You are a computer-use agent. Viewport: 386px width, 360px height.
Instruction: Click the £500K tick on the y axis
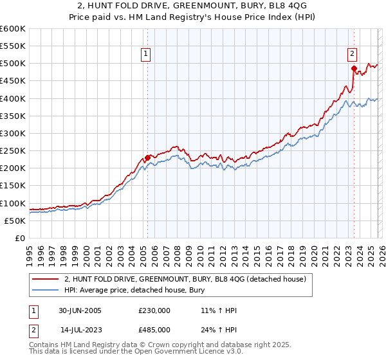13,64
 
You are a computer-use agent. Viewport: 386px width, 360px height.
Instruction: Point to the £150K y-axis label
13,186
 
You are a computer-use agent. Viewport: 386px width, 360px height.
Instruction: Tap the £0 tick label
20,239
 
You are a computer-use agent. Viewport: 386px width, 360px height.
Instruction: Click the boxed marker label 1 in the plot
147,55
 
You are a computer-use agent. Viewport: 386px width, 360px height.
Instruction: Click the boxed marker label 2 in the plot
353,55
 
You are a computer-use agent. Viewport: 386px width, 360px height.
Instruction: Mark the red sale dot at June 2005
147,157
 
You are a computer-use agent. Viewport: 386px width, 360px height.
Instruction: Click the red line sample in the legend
46,279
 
